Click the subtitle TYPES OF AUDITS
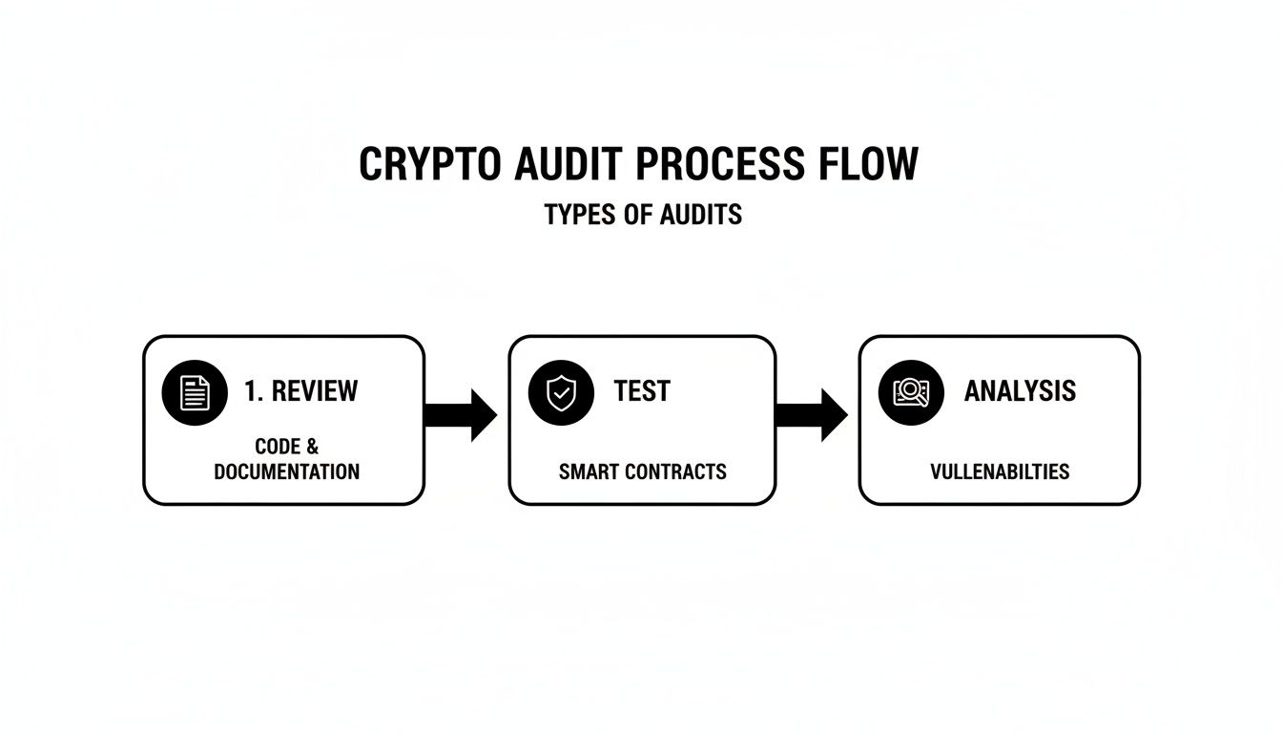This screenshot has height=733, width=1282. click(643, 215)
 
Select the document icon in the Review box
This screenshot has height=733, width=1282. click(196, 391)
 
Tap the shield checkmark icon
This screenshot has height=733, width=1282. click(561, 391)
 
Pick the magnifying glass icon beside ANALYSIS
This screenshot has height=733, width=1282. click(910, 391)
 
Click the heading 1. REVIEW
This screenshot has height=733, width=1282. click(301, 391)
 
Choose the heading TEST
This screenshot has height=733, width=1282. click(642, 391)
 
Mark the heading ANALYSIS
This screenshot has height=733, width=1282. click(1020, 391)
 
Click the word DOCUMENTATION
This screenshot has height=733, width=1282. click(286, 471)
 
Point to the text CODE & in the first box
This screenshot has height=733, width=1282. click(286, 447)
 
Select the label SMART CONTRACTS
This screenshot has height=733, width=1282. click(642, 471)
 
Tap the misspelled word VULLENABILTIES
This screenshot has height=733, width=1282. click(1000, 471)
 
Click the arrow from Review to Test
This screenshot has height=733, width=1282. click(462, 415)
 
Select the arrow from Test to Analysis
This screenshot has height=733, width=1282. click(813, 415)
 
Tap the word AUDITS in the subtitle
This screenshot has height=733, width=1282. click(703, 215)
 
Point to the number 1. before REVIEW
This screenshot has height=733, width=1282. click(254, 391)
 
